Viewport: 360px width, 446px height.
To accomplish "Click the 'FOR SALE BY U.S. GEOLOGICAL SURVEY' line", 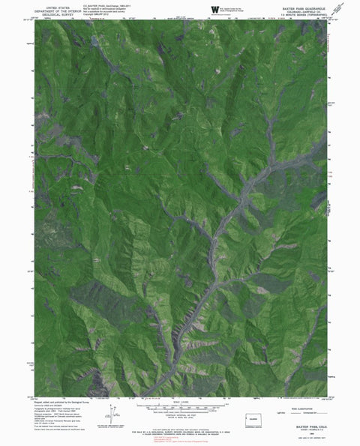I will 180,429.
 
